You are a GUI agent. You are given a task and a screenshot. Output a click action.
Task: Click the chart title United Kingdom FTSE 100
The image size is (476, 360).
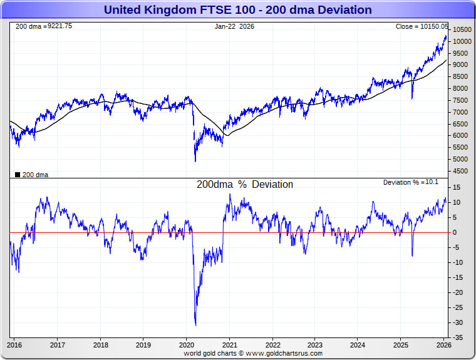237,10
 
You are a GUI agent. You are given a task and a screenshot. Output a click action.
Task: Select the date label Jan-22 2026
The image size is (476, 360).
234,26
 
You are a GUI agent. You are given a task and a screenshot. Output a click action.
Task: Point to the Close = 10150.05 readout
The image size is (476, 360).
422,26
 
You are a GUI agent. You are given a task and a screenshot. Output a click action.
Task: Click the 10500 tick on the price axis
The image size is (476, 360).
462,30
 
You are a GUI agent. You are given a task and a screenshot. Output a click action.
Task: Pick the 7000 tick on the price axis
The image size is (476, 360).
460,112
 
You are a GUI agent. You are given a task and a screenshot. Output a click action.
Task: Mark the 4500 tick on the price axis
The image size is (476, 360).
460,171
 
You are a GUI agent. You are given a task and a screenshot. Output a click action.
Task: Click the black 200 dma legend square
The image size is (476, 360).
18,175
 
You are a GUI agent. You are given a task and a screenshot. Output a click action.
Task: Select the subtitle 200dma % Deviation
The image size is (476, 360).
244,185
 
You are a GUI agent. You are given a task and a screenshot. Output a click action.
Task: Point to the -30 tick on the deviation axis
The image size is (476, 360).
459,322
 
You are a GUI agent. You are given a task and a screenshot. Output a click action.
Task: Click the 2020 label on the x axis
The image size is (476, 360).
187,344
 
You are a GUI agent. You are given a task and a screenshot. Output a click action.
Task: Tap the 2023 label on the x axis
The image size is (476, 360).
315,344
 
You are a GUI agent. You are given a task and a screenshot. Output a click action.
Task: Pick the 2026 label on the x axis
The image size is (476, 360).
443,344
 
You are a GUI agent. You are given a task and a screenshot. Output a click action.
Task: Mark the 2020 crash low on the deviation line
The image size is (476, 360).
196,325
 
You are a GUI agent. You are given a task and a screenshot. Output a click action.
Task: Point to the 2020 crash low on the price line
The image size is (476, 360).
195,161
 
